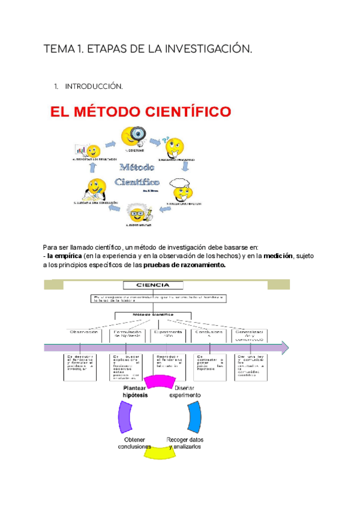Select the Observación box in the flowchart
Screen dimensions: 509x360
tap(83, 334)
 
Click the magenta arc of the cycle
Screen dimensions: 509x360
tap(158, 382)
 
